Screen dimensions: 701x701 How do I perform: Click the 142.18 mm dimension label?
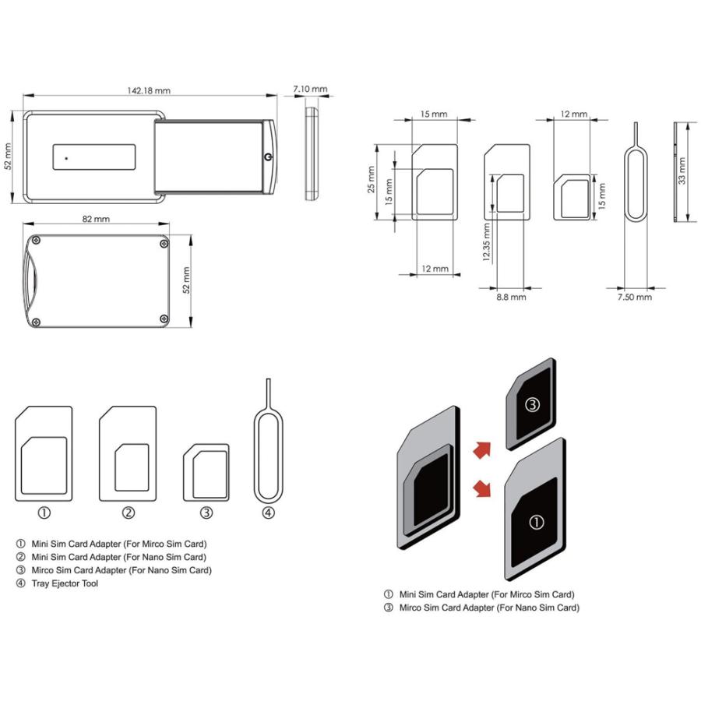click(x=148, y=90)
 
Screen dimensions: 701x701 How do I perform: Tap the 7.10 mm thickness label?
click(x=310, y=90)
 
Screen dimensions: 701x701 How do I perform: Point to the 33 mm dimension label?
click(x=682, y=170)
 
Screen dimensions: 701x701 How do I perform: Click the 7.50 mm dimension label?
click(x=634, y=298)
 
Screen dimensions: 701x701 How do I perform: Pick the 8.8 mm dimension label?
click(x=511, y=298)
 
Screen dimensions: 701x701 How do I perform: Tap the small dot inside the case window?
click(x=67, y=158)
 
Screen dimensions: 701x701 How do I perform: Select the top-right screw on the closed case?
click(x=164, y=244)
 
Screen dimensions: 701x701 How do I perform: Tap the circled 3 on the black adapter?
click(x=532, y=404)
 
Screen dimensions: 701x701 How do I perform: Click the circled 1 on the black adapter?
click(x=537, y=522)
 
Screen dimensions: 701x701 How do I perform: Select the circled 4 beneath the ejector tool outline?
click(x=268, y=513)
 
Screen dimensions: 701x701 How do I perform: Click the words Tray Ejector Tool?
click(x=65, y=583)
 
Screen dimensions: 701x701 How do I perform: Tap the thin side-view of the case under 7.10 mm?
click(x=312, y=155)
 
